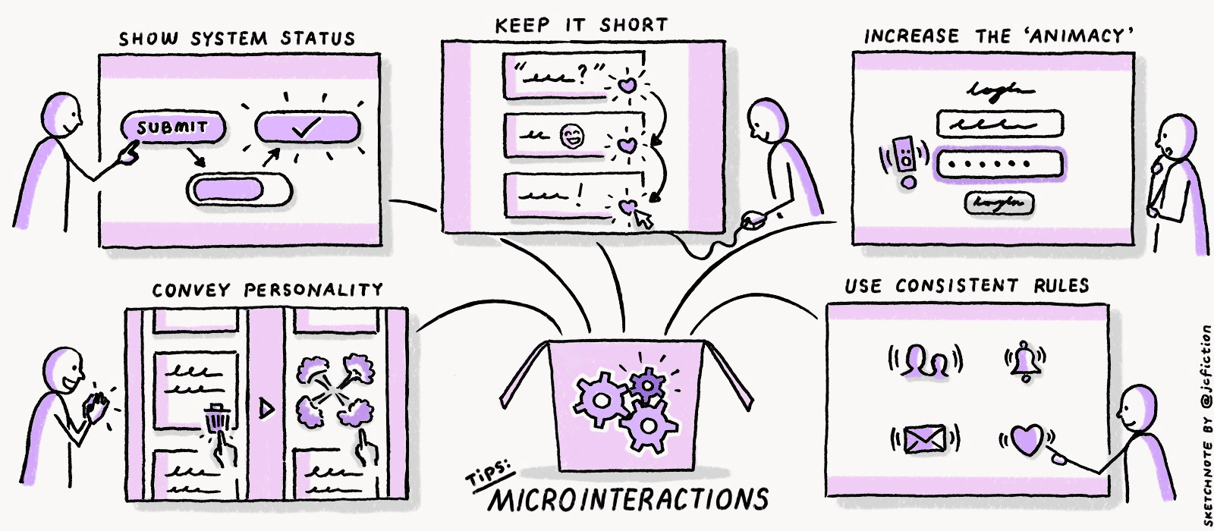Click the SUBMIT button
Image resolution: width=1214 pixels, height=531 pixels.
[172, 127]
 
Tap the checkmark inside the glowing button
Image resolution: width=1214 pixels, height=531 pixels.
[306, 127]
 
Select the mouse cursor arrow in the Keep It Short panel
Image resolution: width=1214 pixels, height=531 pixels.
[643, 219]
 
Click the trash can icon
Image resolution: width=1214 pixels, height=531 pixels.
[217, 419]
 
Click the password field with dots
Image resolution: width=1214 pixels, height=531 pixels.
[999, 164]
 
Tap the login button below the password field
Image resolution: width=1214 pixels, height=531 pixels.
[999, 203]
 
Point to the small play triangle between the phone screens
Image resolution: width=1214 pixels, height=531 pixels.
[266, 409]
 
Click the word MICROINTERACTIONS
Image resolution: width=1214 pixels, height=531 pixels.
[627, 499]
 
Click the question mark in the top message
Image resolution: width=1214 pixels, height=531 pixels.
[582, 74]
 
